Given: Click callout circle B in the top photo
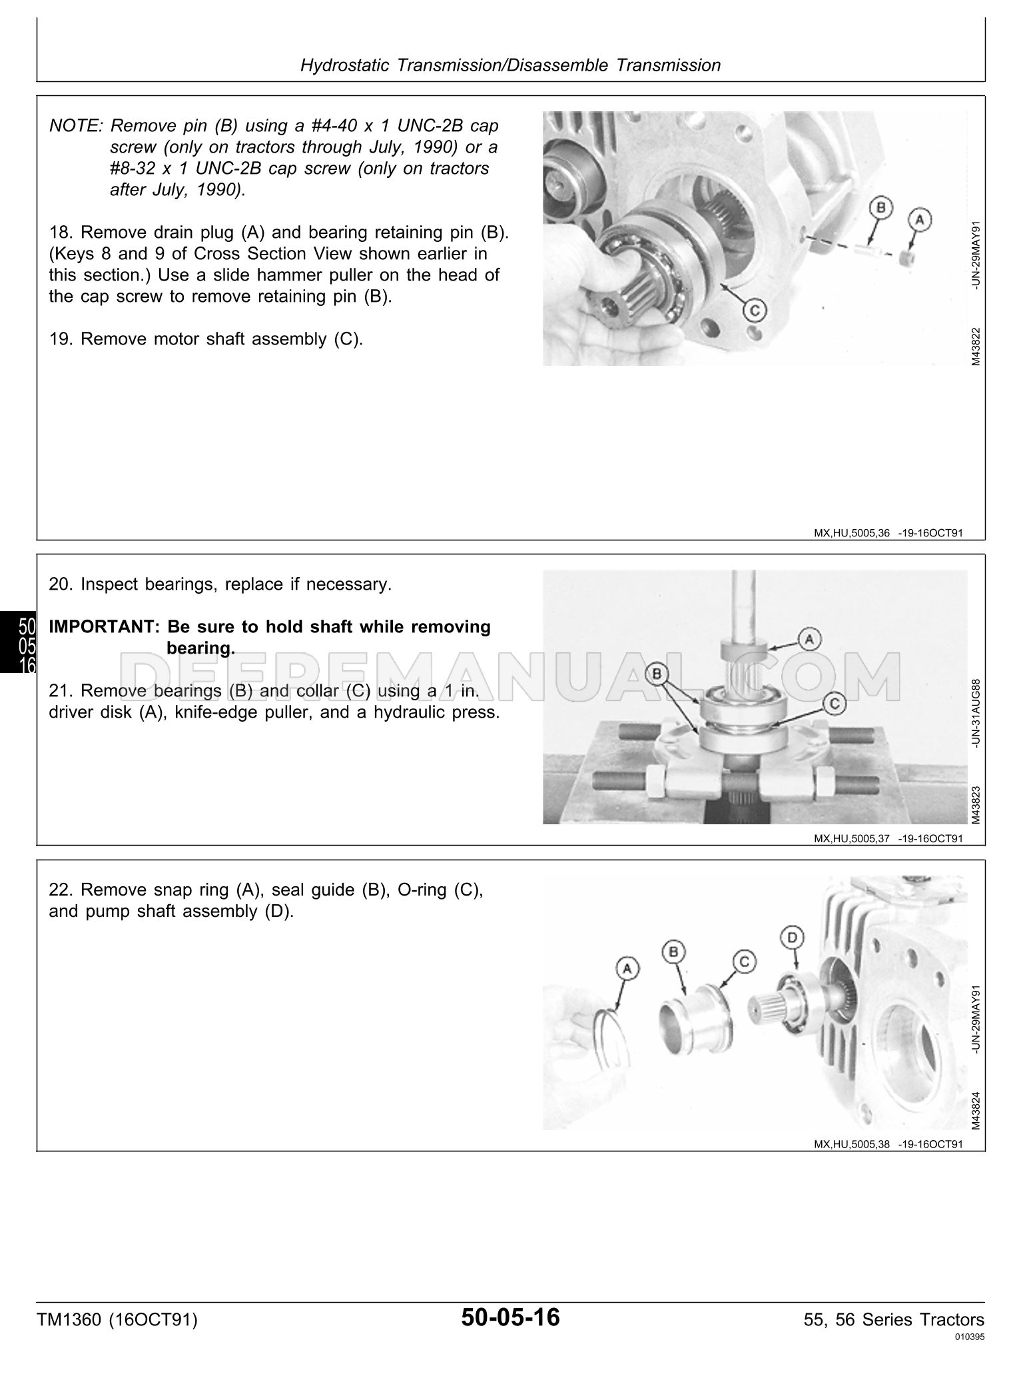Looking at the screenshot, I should click(880, 208).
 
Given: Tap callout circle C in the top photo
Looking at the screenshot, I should click(756, 310).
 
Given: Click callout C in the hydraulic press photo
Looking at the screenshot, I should click(835, 702).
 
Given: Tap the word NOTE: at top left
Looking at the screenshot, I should click(75, 126).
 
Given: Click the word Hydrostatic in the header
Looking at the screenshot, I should click(346, 65).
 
